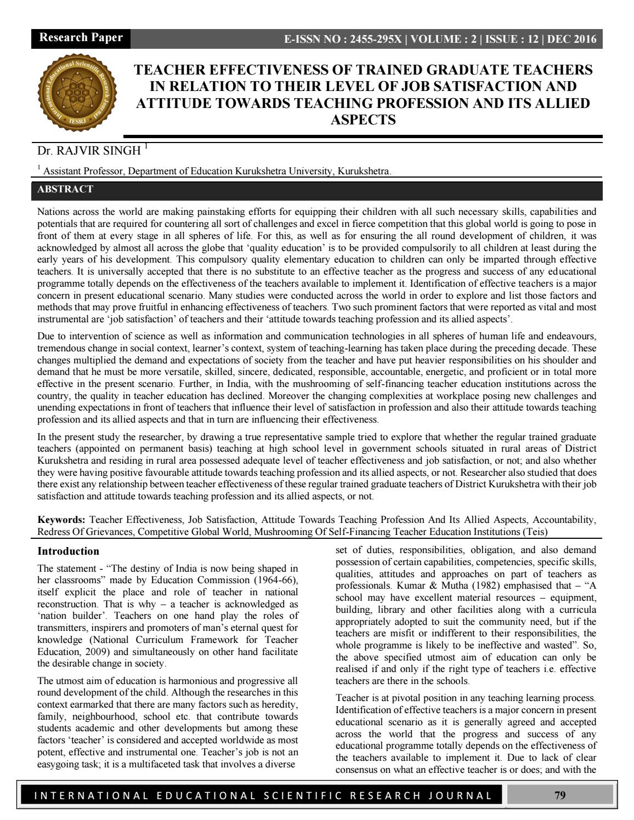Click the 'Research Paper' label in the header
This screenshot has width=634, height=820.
click(81, 38)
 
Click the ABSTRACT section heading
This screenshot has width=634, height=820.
click(65, 190)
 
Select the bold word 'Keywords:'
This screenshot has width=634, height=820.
click(61, 520)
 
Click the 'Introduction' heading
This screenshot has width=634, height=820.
click(68, 551)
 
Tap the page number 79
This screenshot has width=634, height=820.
click(560, 795)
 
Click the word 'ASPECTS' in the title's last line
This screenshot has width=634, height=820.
click(363, 120)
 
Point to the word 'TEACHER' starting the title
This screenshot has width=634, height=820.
click(169, 70)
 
